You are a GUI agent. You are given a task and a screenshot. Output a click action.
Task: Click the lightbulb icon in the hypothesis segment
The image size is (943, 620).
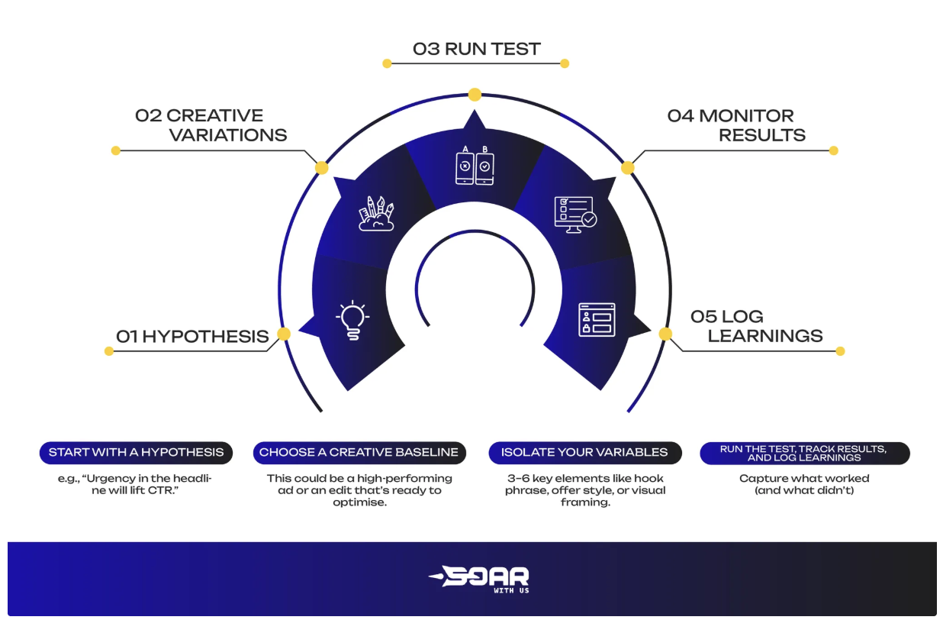(x=352, y=321)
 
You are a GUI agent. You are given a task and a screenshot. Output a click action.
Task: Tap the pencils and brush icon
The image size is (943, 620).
(x=377, y=214)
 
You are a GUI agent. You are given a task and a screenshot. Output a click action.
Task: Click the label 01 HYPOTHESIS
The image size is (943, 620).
(x=192, y=336)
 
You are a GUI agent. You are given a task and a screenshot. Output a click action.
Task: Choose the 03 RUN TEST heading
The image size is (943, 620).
(x=476, y=49)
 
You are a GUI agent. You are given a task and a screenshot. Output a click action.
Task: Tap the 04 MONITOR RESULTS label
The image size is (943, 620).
(x=736, y=125)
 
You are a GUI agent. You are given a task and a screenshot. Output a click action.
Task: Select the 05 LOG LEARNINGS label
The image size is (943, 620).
(x=756, y=326)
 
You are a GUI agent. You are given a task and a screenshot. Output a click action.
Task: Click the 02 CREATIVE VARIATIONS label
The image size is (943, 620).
(x=211, y=125)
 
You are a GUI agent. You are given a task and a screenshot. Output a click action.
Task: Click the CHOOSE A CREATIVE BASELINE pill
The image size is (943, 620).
(x=359, y=452)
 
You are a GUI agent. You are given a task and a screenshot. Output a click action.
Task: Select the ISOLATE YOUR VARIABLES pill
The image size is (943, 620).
(x=584, y=452)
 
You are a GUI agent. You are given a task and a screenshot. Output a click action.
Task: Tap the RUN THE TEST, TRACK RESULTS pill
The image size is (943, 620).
(x=804, y=453)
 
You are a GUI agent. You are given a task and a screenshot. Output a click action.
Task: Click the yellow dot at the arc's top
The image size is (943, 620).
(x=475, y=95)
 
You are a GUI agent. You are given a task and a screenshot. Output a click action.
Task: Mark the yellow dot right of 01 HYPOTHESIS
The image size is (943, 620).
(x=284, y=334)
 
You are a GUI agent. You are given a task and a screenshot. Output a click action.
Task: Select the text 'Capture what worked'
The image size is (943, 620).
(x=804, y=479)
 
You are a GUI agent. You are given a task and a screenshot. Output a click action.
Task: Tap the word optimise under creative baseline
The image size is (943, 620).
(x=359, y=502)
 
